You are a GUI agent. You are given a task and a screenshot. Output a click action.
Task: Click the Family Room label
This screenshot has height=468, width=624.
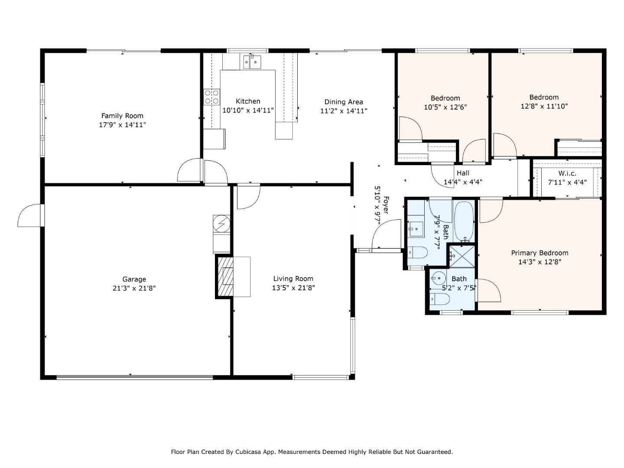(122, 116)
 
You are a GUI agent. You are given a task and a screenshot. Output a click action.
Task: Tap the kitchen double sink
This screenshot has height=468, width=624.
(252, 62)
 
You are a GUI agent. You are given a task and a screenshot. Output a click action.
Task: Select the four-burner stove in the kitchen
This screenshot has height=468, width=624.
(212, 97)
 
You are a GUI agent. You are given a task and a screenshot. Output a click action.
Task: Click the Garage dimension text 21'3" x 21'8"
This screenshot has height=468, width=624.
(134, 288)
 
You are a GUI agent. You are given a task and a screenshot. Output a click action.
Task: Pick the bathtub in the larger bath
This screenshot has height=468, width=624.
(464, 221)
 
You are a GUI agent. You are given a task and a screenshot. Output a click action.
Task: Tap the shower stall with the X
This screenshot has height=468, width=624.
(462, 257)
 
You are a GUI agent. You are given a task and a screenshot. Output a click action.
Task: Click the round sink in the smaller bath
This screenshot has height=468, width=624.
(437, 277)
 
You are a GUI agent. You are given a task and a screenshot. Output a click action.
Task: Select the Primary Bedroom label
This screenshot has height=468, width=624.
(539, 253)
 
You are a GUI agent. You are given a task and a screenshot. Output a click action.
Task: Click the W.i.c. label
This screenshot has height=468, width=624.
(567, 173)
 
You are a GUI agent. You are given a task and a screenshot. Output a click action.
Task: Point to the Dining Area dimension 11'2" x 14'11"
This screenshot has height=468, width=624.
(344, 111)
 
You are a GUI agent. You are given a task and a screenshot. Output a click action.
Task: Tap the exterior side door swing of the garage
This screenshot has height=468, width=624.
(30, 215)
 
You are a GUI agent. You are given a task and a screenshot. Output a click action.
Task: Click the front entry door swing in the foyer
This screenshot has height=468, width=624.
(387, 234)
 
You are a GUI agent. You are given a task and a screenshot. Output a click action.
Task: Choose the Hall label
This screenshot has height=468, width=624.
(463, 173)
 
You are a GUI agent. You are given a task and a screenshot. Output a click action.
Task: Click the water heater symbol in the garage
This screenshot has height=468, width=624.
(221, 224)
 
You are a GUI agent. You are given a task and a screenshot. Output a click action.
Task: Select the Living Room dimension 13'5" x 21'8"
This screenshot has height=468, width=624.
(293, 288)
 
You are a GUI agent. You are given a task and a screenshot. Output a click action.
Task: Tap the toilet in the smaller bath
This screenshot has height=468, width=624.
(439, 299)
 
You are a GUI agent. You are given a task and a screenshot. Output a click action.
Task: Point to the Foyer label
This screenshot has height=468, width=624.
(386, 205)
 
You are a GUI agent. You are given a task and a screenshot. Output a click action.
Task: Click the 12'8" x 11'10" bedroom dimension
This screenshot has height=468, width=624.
(544, 106)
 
